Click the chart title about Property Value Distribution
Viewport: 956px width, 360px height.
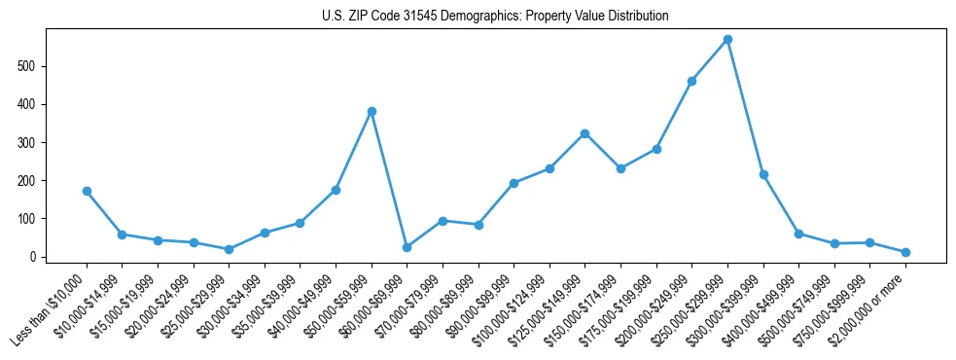(495, 17)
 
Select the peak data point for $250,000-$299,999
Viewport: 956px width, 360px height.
(727, 40)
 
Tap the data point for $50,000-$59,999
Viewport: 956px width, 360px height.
(372, 111)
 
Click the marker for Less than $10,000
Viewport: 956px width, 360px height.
(87, 192)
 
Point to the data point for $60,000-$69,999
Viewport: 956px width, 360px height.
(407, 247)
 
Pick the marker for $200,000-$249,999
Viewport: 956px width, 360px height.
(691, 81)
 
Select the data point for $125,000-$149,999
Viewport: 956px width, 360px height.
(584, 133)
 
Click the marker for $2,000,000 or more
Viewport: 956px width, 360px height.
(905, 252)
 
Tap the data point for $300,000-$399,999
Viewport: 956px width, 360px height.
(763, 175)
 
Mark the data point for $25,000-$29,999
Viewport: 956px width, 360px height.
(229, 249)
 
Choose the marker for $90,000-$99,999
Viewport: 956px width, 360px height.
(513, 183)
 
